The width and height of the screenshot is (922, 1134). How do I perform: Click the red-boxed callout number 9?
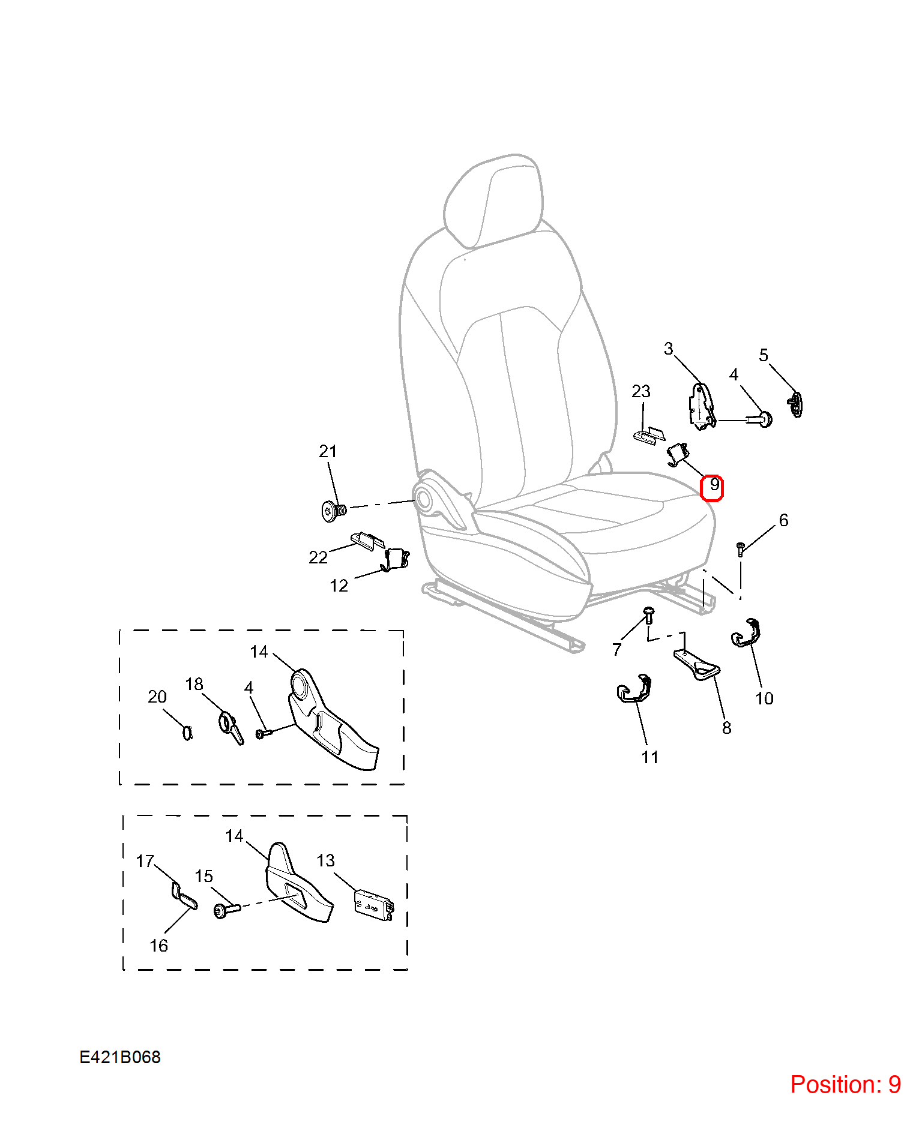713,487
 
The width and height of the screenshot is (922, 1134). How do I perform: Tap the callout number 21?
328,451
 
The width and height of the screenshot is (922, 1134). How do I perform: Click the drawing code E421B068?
120,1057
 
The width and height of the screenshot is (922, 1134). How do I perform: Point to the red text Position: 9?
845,1084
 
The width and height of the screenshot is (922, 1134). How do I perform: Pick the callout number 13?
325,860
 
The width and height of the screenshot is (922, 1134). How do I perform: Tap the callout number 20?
157,697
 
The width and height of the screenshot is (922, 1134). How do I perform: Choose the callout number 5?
764,355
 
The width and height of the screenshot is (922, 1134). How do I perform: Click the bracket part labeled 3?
701,407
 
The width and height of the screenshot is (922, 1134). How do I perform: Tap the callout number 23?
641,391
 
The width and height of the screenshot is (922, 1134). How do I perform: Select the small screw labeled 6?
741,549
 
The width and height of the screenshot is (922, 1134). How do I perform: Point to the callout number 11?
649,757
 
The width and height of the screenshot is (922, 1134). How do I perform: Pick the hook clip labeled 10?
746,632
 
